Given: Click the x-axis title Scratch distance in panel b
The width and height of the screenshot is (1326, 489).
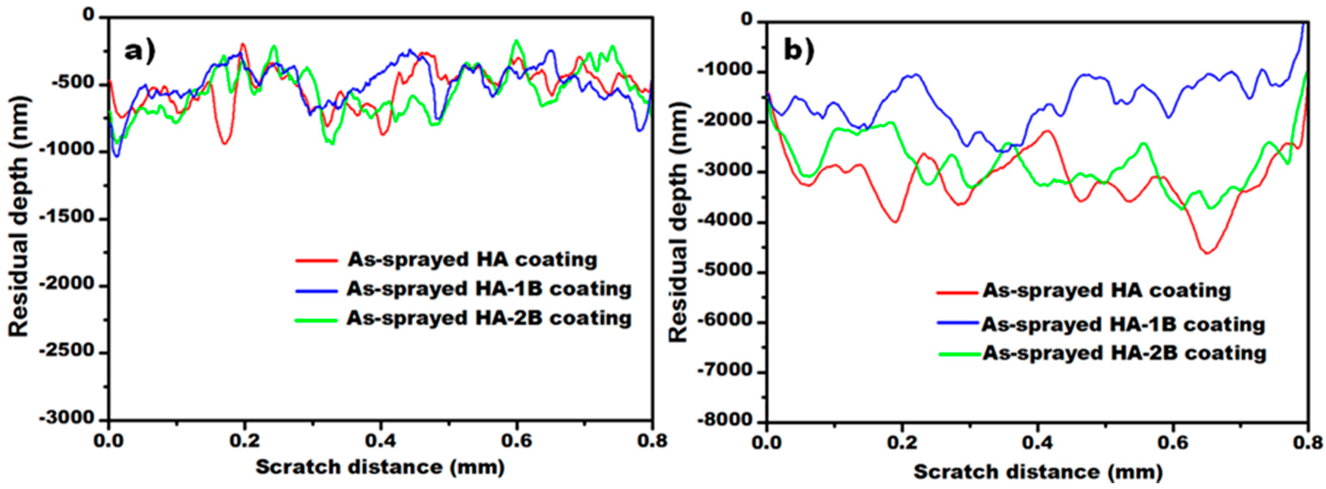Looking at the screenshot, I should click(1038, 471).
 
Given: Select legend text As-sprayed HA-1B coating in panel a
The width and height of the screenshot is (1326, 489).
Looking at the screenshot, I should click(489, 289).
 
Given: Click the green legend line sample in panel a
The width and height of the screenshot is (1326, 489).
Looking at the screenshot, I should click(316, 320).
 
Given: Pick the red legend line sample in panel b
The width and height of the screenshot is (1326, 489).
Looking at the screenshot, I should click(957, 292).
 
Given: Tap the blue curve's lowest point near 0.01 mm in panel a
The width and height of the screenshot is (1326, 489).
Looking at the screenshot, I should click(117, 156).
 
